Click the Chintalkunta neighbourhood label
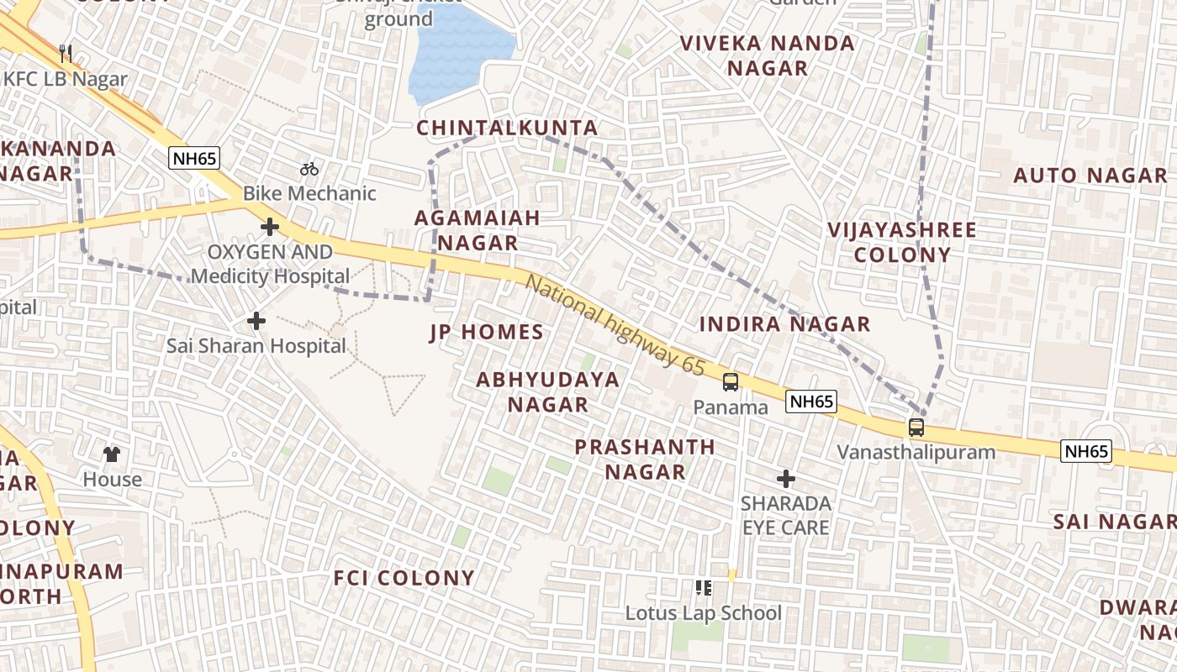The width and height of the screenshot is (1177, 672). point(507,128)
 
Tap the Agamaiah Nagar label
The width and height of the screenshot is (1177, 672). point(477,230)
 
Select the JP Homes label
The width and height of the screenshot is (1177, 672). point(487,332)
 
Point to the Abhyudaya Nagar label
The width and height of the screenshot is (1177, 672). point(547,391)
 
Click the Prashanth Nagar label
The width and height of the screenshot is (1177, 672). point(645,459)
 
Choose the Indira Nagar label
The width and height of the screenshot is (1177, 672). point(785,323)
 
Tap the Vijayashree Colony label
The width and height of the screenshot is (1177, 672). point(902,242)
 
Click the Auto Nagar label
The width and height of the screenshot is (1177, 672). point(1090,176)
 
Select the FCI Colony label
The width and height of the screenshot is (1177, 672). point(404,578)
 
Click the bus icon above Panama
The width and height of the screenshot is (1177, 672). point(731,382)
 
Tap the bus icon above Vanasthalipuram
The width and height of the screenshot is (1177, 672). point(916,427)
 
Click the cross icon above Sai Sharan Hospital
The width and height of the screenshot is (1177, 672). point(256,321)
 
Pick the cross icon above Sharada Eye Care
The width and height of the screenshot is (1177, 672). point(786,479)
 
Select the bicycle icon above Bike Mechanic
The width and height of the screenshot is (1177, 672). point(309,169)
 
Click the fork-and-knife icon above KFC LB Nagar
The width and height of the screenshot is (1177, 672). point(66,54)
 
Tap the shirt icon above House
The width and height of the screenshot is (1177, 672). point(112,454)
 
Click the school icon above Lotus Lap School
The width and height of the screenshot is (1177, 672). point(704,588)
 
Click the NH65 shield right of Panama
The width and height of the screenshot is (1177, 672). point(811,402)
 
